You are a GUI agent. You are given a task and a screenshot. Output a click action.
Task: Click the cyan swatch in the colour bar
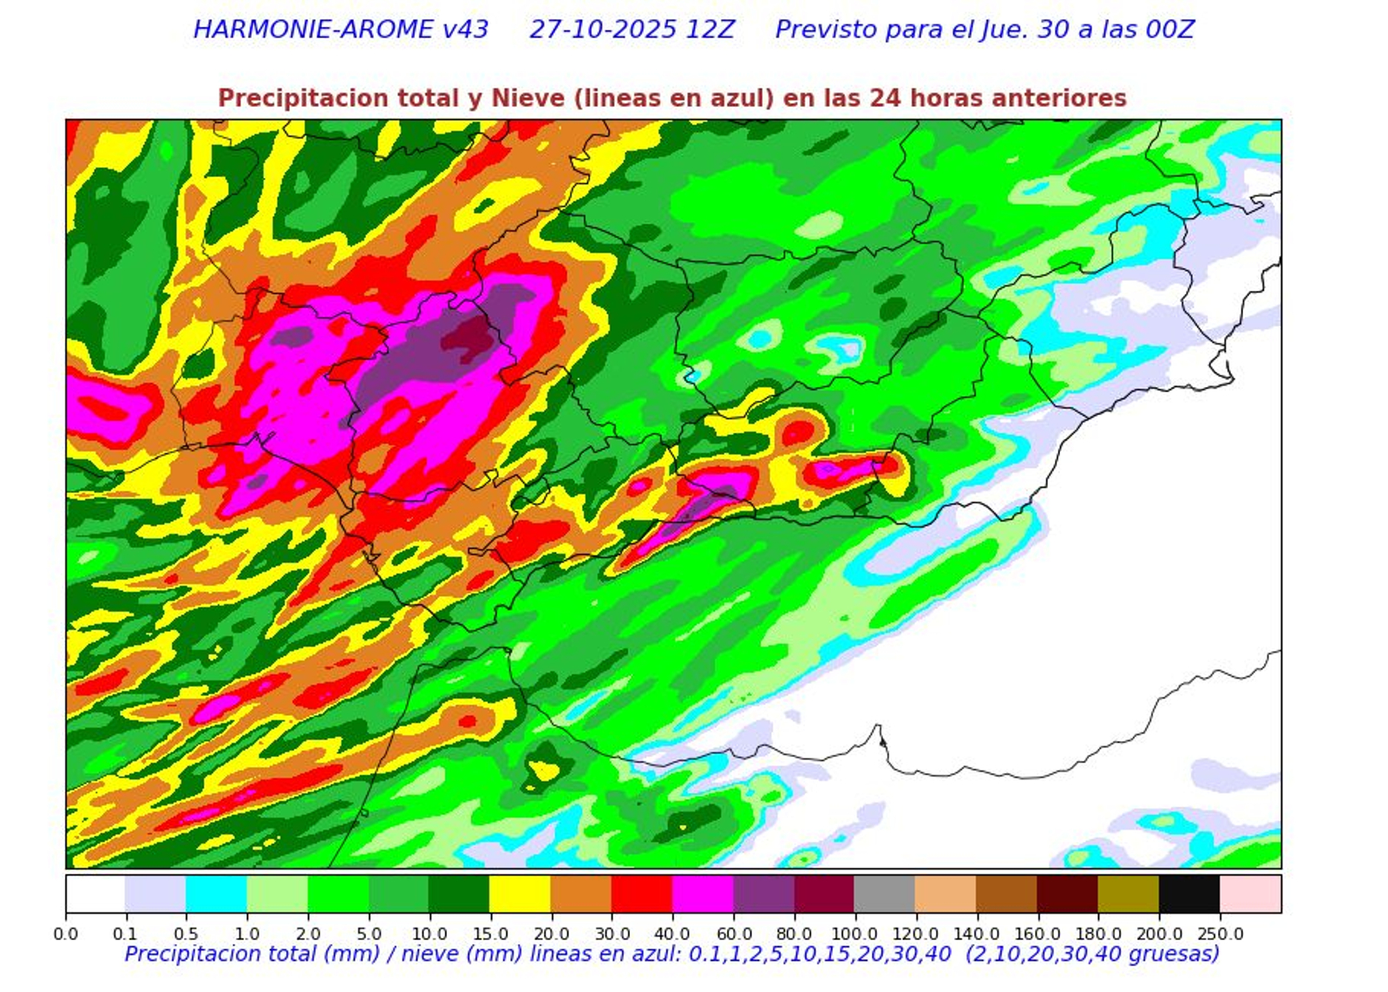[216, 894]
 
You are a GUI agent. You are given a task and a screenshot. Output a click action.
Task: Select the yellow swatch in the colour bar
[520, 894]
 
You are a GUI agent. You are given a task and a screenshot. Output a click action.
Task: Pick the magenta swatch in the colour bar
[703, 894]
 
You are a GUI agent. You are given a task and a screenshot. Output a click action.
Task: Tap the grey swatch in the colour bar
[885, 894]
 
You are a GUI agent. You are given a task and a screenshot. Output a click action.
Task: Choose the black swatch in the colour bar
[1189, 894]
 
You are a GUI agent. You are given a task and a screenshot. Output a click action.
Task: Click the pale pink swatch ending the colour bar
[1250, 894]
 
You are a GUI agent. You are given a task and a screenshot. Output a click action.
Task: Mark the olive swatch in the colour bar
[1129, 894]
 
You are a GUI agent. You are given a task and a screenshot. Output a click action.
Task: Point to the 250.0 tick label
[1220, 935]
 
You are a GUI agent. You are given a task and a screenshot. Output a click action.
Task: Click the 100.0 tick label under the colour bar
[854, 935]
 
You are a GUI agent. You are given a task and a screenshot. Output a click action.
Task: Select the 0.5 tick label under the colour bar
[186, 935]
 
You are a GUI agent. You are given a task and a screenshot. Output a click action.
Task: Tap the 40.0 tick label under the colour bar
[672, 935]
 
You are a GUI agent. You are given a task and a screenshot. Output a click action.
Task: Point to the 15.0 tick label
[490, 935]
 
